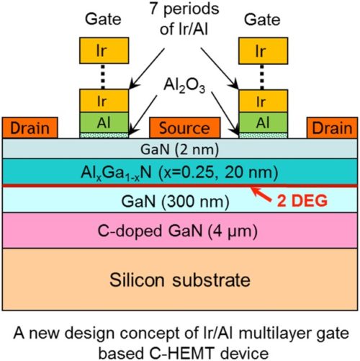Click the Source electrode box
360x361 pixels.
(184, 128)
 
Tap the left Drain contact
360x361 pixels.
(30, 128)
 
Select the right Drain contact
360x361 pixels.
(332, 128)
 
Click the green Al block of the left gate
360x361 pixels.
(104, 122)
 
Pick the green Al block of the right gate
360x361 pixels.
(264, 122)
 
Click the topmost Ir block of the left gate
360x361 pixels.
(104, 50)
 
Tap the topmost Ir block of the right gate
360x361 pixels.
(263, 50)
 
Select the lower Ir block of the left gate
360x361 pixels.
(104, 101)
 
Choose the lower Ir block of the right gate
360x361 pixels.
(264, 101)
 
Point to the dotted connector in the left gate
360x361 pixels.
(103, 76)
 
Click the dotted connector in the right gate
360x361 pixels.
(262, 77)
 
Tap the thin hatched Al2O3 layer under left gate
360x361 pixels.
(104, 135)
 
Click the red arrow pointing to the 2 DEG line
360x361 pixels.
(261, 194)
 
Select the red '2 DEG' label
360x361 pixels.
(302, 201)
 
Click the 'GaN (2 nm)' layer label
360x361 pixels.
(179, 149)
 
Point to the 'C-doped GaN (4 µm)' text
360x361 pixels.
(178, 231)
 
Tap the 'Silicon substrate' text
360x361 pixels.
(180, 280)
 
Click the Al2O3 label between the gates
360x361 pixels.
(184, 86)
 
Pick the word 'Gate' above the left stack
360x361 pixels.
(103, 19)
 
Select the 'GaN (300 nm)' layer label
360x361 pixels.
(175, 201)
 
